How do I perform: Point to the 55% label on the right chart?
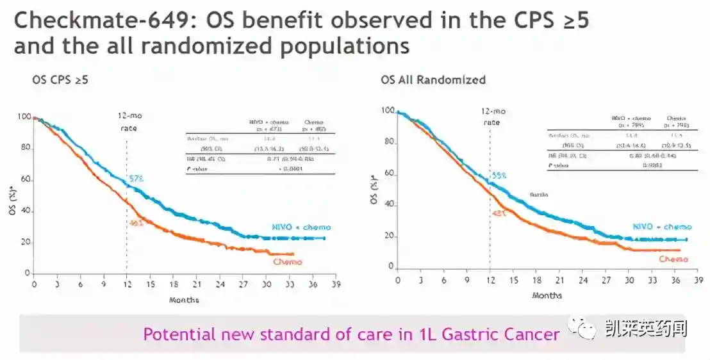[x=499, y=175]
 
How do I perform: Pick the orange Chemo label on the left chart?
[x=287, y=261]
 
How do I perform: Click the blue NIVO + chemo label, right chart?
[x=662, y=227]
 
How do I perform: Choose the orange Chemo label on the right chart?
[x=673, y=259]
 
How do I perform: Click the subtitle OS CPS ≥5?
[x=60, y=80]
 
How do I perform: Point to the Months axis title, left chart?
[x=184, y=299]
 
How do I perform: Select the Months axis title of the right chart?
[x=547, y=295]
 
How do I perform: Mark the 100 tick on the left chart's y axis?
[x=24, y=117]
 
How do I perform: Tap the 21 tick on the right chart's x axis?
[x=559, y=281]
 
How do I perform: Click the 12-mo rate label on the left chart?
[x=126, y=121]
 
